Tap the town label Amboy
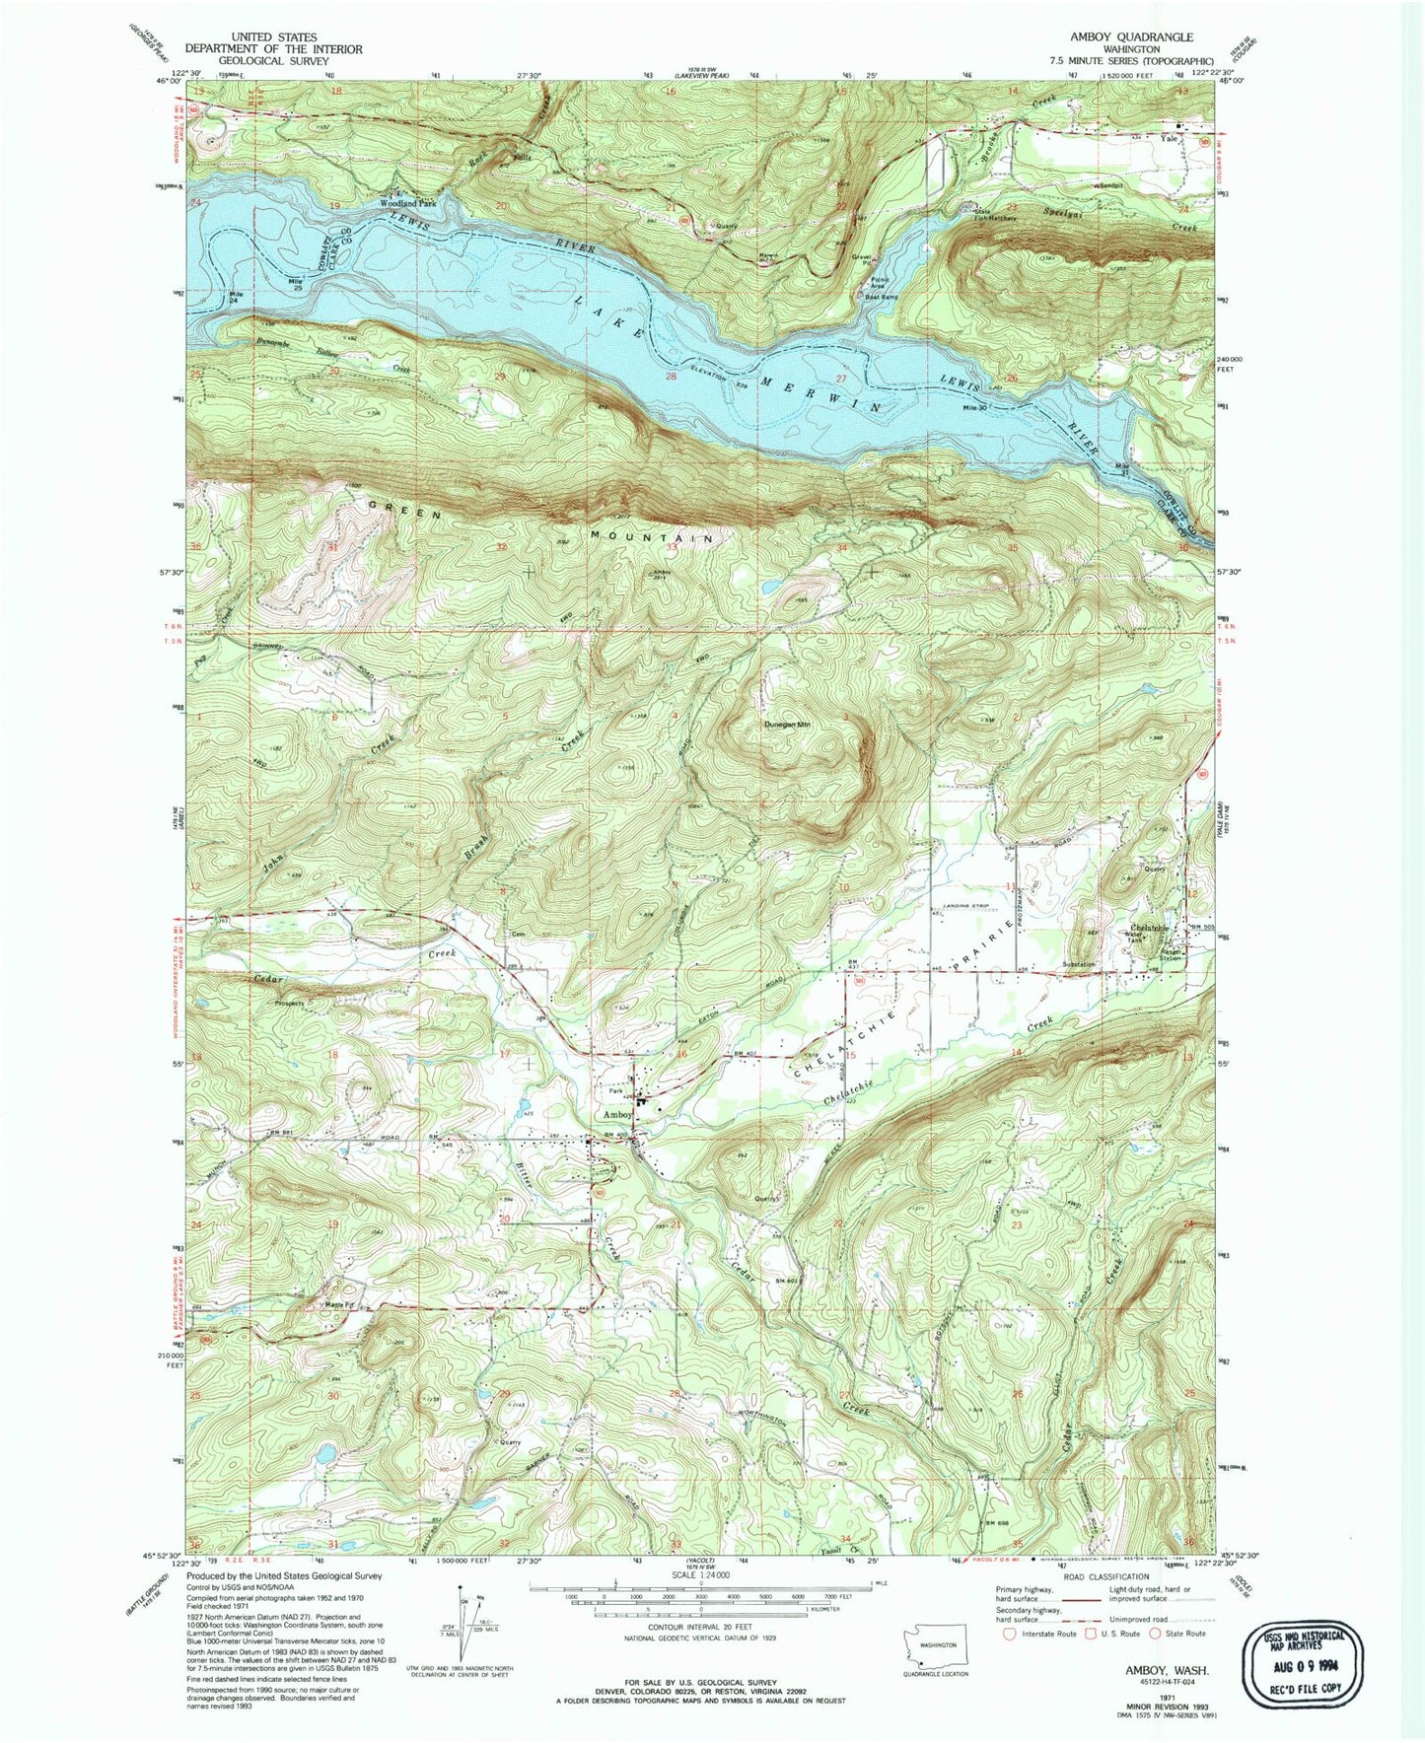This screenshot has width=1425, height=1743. point(617,1114)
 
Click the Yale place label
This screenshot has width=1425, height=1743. point(1170,139)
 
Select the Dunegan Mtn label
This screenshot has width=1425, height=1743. point(787,725)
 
